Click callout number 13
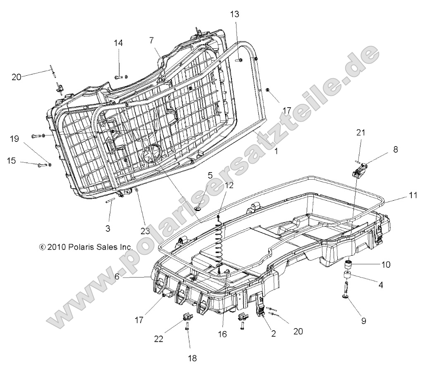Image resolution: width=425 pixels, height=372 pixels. click(234, 14)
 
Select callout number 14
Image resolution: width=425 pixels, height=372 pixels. click(119, 43)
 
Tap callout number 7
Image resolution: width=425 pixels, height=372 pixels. click(152, 40)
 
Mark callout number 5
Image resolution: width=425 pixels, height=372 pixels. click(199, 175)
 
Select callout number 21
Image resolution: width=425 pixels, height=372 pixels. click(361, 132)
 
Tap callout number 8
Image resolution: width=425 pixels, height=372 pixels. click(396, 149)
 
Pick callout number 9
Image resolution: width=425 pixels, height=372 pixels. click(364, 320)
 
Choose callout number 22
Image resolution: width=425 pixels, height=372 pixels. click(159, 338)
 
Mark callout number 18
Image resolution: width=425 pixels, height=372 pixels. click(193, 358)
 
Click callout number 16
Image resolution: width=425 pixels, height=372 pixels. click(222, 334)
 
